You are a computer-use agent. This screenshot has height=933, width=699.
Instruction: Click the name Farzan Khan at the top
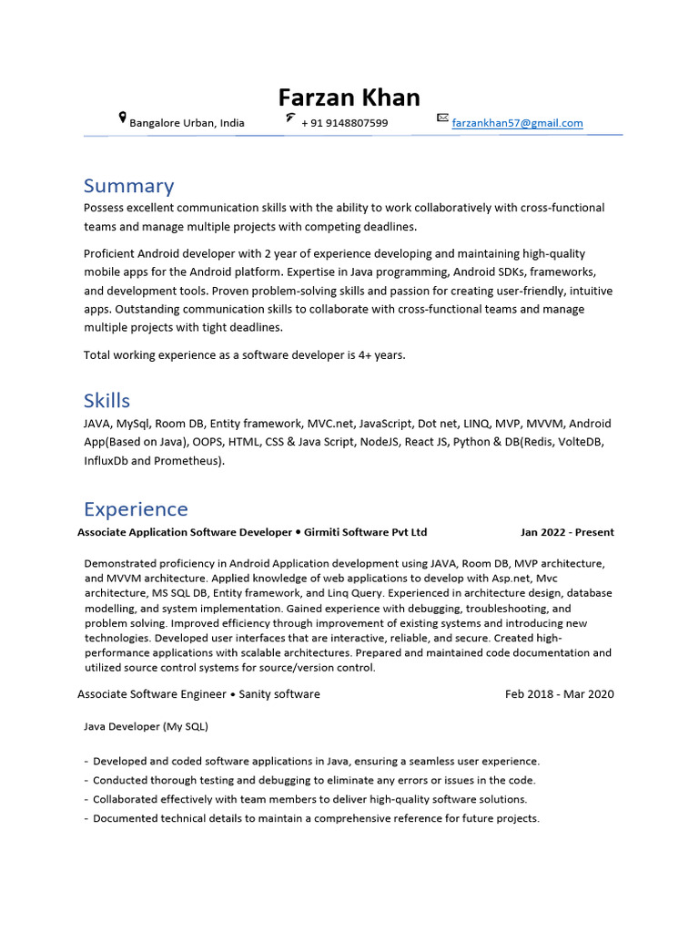(349, 97)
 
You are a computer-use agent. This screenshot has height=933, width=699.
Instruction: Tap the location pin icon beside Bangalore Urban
(123, 118)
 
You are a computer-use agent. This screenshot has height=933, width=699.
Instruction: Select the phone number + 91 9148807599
(344, 123)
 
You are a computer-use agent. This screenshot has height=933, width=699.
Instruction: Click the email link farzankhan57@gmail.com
(517, 123)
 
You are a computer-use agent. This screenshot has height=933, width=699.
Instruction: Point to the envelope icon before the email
(442, 118)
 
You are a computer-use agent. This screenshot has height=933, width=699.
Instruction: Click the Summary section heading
(128, 186)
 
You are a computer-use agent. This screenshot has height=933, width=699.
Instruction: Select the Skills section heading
(106, 401)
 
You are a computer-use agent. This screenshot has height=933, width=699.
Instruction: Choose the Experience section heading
(136, 509)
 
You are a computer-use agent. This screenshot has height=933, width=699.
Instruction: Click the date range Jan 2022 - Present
(567, 532)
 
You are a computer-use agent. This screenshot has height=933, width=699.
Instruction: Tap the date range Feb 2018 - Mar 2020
(559, 694)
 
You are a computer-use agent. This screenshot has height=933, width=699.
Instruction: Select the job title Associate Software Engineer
(152, 694)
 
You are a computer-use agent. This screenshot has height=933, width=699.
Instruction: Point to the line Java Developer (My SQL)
(146, 726)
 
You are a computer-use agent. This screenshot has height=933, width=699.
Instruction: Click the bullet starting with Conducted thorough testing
(314, 780)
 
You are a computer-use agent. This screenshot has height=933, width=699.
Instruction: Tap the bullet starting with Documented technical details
(316, 818)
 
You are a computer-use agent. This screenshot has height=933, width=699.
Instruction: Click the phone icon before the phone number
(289, 118)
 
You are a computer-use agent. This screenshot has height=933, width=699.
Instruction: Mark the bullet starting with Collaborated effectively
(309, 799)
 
